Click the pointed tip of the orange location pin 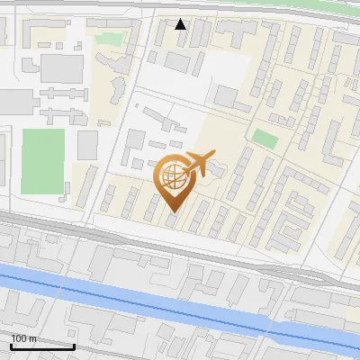coord(173,212)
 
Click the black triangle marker coord(181,23)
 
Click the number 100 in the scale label coord(18,338)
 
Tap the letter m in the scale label coord(31,338)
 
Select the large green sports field coord(43,161)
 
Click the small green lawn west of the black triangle coord(108,40)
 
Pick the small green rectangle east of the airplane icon coord(265,139)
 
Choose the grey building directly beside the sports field coord(87,144)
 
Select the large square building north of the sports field coord(61,67)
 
